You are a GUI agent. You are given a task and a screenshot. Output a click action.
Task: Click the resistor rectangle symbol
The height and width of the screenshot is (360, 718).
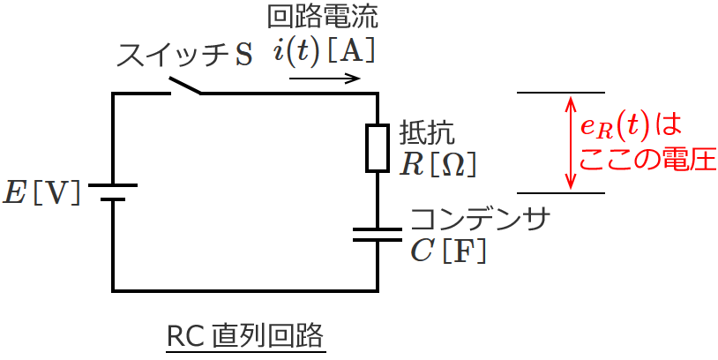coord(377,147)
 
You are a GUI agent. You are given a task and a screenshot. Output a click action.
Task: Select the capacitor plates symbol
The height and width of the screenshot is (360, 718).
coord(377,235)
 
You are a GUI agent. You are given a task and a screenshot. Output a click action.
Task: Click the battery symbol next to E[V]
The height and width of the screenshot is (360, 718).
coord(113,192)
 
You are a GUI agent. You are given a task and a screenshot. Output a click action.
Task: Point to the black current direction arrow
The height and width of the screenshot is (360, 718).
coord(325,78)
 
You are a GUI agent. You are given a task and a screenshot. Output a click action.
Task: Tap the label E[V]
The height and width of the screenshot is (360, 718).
coord(42,192)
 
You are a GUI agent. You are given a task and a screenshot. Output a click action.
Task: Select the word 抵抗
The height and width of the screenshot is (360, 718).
coord(427,132)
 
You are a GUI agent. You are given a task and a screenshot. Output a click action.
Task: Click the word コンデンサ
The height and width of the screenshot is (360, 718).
coord(481,220)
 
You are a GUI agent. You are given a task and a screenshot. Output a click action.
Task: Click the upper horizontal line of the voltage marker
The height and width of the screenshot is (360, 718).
coord(561,93)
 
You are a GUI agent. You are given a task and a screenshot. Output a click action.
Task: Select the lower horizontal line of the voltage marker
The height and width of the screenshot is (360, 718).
coord(561,193)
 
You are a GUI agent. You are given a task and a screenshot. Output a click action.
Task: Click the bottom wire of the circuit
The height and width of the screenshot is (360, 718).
coord(245,290)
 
